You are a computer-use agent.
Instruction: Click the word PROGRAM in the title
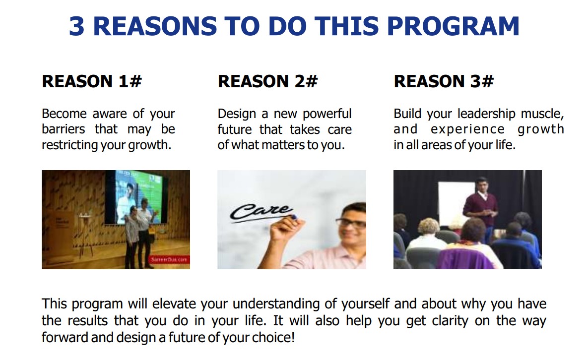[453, 26]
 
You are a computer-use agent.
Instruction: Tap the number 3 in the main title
[77, 26]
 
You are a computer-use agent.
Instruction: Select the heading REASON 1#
[92, 81]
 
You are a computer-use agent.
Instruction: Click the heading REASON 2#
[267, 81]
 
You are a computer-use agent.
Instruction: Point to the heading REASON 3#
[444, 81]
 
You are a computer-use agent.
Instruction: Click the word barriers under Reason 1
[64, 129]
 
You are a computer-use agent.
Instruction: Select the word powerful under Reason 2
[327, 114]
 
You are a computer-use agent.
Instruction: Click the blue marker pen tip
[294, 217]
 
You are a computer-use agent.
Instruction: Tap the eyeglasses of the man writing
[351, 223]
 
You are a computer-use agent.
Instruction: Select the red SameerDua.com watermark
[169, 259]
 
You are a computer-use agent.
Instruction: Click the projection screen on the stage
[136, 197]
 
